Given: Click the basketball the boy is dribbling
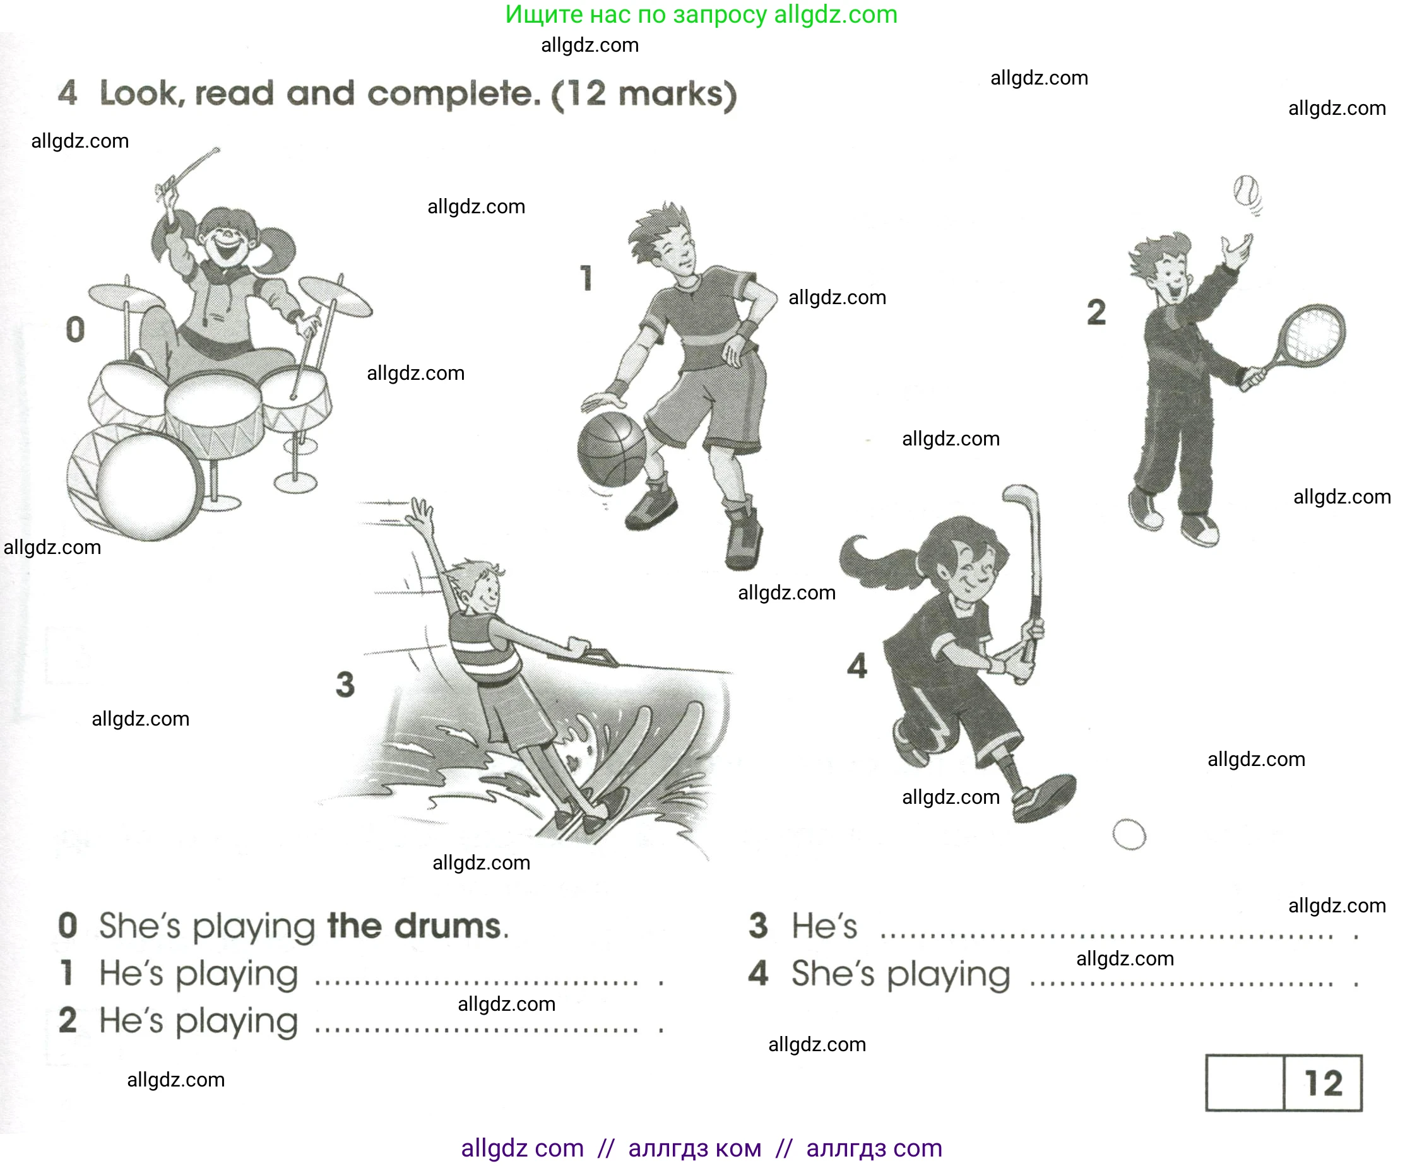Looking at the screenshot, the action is click(x=612, y=449).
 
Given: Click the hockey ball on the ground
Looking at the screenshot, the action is click(x=1129, y=834).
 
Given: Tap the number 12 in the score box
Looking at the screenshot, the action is click(x=1324, y=1083).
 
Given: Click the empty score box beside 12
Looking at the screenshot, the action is click(x=1245, y=1083).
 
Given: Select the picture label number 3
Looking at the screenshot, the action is click(x=345, y=684).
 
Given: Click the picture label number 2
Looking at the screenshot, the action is click(x=1096, y=312).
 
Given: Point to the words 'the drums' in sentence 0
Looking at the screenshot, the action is click(x=417, y=926).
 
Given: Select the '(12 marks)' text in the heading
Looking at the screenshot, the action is click(x=644, y=94).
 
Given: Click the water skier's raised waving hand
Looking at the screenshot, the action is click(x=420, y=513).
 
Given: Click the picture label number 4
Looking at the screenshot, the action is click(x=857, y=666).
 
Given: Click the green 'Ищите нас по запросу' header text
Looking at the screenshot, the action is click(x=636, y=14).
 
